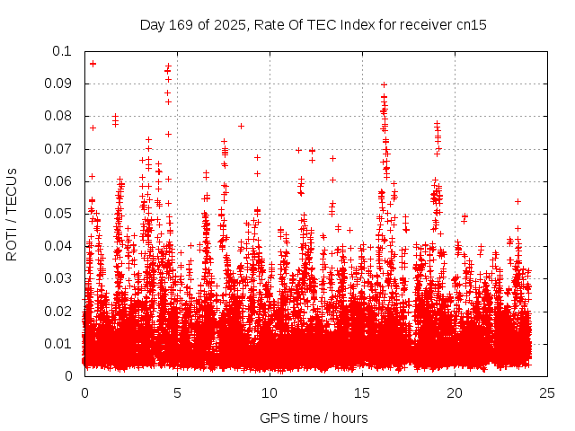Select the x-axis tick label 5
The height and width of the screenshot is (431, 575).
tap(177, 393)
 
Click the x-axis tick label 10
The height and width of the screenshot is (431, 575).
tap(270, 393)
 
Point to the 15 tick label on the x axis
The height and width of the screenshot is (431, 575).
tap(362, 393)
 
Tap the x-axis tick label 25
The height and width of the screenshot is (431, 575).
tap(547, 393)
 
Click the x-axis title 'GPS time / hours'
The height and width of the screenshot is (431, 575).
tap(314, 418)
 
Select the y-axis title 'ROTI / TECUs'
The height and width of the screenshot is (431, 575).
tap(13, 214)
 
